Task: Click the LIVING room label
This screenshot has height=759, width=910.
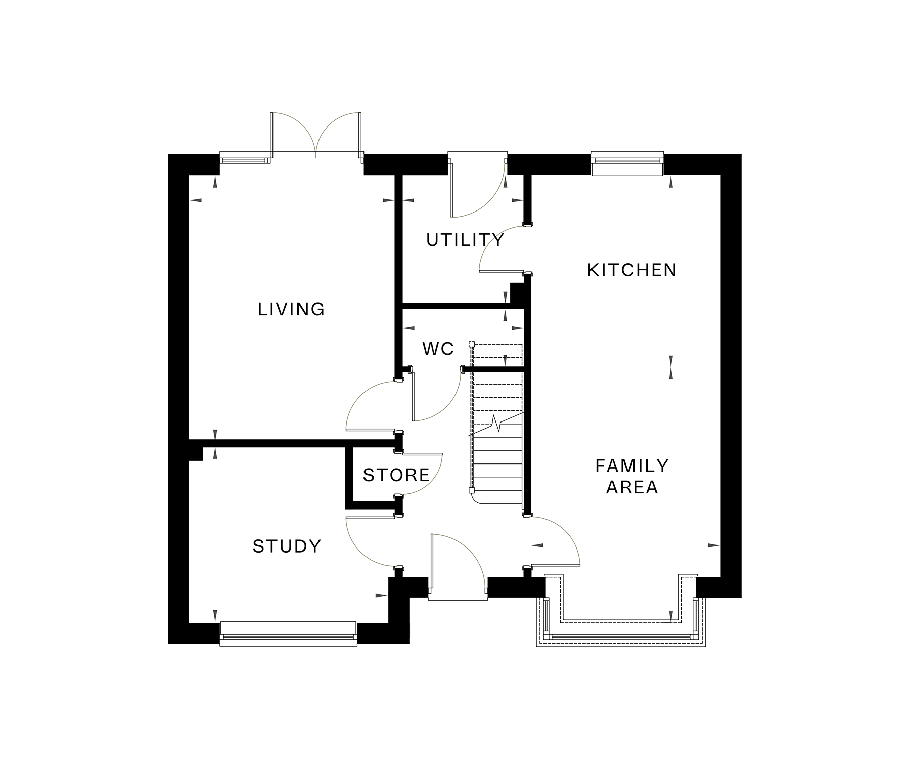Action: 291,309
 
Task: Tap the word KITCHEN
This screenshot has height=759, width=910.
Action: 632,270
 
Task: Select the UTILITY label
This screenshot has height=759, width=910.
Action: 465,240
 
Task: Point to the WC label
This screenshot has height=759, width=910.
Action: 438,349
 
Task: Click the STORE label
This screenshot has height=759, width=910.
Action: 396,475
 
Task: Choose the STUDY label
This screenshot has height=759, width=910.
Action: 287,546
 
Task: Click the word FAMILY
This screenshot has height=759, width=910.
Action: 632,466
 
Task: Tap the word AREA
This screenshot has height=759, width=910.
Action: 632,487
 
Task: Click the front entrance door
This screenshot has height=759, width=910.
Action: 458,567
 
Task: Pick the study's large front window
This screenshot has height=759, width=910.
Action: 289,634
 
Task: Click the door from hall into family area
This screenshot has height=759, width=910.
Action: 554,541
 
